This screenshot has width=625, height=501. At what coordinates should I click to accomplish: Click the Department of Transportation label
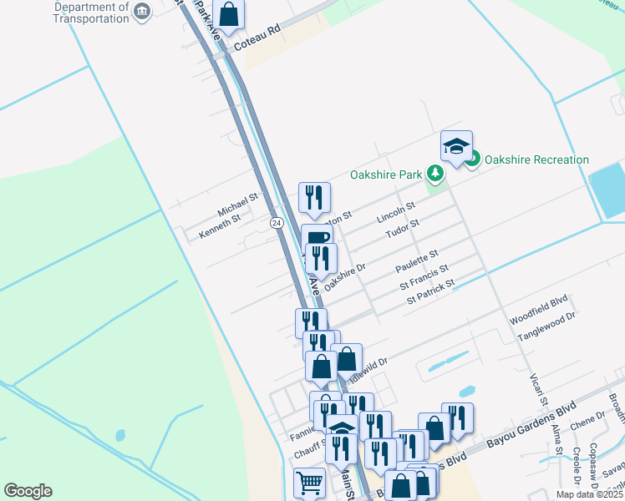click(x=90, y=13)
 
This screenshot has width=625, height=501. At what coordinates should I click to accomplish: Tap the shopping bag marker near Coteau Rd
click(x=228, y=14)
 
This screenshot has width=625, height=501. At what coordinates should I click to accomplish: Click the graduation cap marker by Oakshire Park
click(x=456, y=146)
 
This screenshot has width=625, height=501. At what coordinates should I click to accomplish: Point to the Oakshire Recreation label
click(x=536, y=159)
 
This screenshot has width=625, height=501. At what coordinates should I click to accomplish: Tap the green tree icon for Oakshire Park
click(x=434, y=174)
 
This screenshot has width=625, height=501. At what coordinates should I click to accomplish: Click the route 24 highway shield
click(x=276, y=223)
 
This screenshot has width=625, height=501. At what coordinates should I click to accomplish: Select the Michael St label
click(x=238, y=203)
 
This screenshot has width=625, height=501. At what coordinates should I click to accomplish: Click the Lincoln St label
click(x=396, y=211)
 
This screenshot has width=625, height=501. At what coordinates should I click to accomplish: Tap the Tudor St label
click(x=402, y=228)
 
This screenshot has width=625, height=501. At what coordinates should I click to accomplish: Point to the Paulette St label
click(x=417, y=260)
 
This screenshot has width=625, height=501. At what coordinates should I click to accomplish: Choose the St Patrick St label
click(x=430, y=291)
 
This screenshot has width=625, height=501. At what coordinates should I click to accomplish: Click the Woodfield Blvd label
click(x=538, y=321)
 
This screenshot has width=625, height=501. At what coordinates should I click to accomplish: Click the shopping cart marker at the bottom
click(x=309, y=482)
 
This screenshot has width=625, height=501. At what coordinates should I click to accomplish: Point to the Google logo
click(x=28, y=491)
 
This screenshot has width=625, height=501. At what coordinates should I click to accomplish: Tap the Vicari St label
click(x=537, y=389)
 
